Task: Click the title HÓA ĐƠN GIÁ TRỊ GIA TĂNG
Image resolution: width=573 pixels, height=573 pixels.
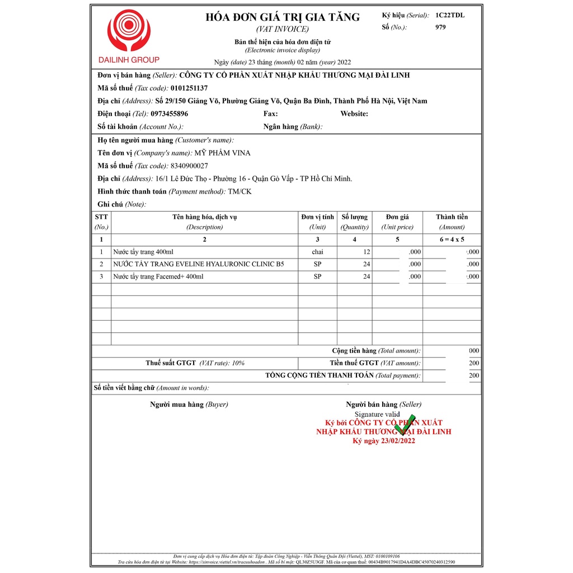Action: tap(283, 17)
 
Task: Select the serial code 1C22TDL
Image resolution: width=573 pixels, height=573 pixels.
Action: tap(450, 15)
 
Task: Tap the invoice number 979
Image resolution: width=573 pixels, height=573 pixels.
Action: tap(440, 27)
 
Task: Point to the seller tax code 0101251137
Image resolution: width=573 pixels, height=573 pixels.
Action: tap(189, 88)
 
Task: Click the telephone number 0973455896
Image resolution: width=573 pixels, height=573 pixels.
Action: tap(170, 114)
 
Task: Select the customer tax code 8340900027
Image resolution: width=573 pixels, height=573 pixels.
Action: tap(190, 166)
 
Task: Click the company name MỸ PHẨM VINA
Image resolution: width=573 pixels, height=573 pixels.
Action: tap(222, 153)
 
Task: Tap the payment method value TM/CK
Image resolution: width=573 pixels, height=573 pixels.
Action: tap(239, 191)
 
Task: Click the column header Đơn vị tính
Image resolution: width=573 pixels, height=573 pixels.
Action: tap(317, 217)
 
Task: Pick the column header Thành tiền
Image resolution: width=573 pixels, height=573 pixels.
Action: tap(452, 217)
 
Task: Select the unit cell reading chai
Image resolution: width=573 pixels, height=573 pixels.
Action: tap(317, 252)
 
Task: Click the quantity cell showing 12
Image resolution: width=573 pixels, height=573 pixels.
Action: tap(366, 252)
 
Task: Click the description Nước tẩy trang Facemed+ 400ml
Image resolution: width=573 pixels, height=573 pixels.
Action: tap(158, 276)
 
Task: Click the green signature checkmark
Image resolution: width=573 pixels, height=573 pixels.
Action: tap(404, 424)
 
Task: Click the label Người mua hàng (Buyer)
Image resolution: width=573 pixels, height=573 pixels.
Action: tap(189, 404)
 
